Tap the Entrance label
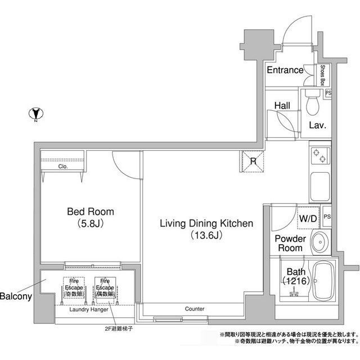pyautogui.click(x=285, y=70)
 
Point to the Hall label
pyautogui.click(x=282, y=105)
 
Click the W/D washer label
pyautogui.click(x=307, y=218)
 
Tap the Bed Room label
pyautogui.click(x=90, y=212)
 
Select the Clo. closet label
pyautogui.click(x=63, y=167)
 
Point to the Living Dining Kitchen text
pyautogui.click(x=206, y=224)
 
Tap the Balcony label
pyautogui.click(x=15, y=296)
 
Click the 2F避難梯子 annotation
pyautogui.click(x=118, y=327)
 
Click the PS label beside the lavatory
pyautogui.click(x=328, y=93)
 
